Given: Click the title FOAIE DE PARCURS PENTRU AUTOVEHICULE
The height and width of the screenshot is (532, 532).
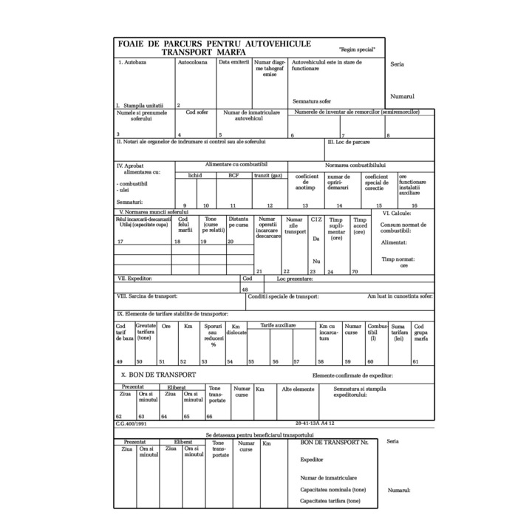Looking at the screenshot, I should pos(214,44).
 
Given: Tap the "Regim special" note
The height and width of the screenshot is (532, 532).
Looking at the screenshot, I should pos(357,50).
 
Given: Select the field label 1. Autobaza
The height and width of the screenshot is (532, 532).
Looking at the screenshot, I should pos(133,63).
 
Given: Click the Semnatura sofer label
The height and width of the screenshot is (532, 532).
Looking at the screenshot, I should pos(311,100).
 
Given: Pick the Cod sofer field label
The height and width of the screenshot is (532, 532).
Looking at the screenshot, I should pos(197,112).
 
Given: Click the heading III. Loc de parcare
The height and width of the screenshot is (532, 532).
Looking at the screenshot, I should pos(348,141).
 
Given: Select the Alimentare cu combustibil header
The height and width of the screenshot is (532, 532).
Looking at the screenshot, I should pos(236,164).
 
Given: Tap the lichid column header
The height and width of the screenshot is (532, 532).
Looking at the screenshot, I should pos(195,175).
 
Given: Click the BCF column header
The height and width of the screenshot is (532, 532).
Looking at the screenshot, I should pos(233,175).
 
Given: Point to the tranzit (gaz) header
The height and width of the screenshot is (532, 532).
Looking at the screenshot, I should pos(268,175).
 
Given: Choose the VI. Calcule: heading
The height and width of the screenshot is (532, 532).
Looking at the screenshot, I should pos(396,213).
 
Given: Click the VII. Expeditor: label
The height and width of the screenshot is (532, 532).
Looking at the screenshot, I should pos(134,279).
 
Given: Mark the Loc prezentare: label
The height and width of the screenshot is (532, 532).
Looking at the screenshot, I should pos(295,279).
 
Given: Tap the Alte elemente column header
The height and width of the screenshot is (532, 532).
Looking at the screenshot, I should pos(299,389).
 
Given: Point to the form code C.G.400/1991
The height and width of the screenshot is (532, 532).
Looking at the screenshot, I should pos(131,424).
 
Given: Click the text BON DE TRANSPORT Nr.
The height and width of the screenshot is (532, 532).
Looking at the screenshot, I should pos(334,442).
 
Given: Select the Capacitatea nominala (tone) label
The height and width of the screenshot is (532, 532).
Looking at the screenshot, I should pos(332,489).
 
